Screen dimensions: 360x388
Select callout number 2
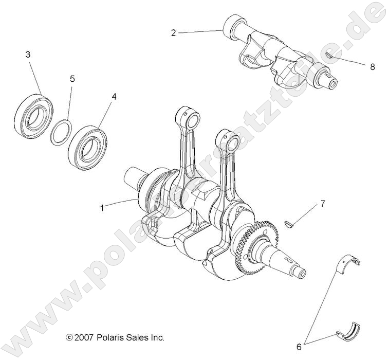click(x=174, y=33)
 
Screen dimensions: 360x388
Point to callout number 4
click(x=114, y=96)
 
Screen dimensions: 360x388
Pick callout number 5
click(x=72, y=79)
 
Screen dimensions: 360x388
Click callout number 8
click(x=372, y=66)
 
